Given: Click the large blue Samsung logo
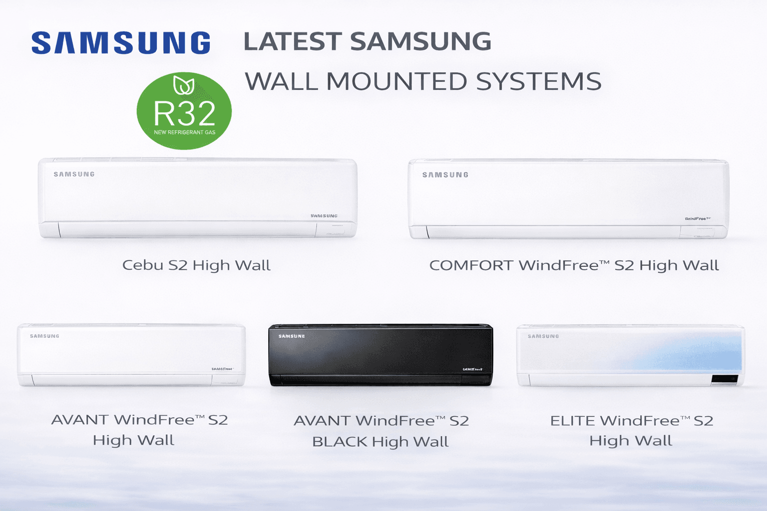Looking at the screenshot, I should [121, 43].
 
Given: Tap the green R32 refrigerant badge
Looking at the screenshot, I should [184, 111].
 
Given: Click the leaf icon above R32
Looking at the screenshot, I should [183, 85].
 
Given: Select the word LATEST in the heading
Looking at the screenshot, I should [292, 41].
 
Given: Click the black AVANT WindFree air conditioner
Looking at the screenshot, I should [381, 355].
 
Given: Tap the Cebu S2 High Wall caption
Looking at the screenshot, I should [196, 265].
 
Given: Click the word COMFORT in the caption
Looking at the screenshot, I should [471, 265].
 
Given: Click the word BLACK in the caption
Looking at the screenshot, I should [340, 442].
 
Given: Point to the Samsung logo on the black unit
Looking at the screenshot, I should [292, 336].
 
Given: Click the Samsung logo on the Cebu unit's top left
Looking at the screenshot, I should [74, 174].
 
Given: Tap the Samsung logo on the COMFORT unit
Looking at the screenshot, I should [445, 175].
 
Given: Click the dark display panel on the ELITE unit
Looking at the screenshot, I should [725, 379].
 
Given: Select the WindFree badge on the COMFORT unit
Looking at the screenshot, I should [698, 219].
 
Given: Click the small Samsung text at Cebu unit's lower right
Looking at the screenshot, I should [324, 216].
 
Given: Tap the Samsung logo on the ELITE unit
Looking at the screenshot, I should [543, 336].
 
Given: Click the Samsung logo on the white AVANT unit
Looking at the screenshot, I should [44, 336].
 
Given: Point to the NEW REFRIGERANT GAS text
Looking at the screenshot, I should [184, 132].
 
